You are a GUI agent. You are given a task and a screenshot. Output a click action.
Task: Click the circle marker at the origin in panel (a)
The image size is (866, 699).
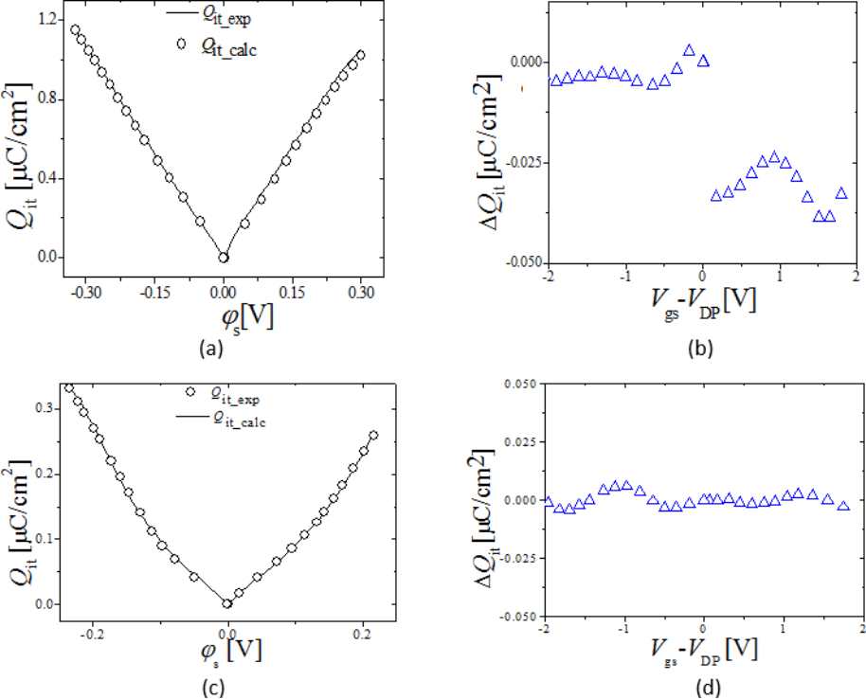tap(224, 257)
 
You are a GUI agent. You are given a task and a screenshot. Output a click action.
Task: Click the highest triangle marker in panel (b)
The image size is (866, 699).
tap(690, 50)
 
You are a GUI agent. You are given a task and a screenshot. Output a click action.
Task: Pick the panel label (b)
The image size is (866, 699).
tap(701, 349)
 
